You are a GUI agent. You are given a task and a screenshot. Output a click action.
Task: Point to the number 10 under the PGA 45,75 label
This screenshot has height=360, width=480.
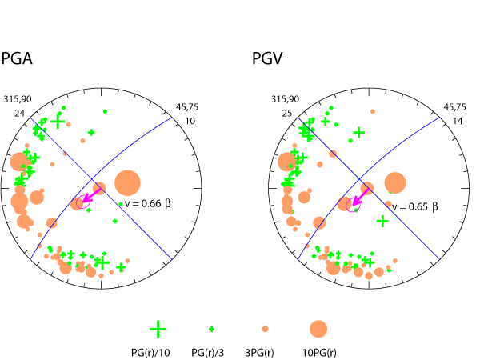[x=190, y=121]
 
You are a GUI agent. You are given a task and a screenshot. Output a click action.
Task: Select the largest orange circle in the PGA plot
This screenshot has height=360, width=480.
[x=127, y=182]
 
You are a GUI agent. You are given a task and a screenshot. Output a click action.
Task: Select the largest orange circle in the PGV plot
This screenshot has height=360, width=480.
[x=394, y=183]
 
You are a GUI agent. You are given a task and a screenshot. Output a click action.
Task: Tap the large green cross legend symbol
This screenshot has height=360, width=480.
[x=158, y=328]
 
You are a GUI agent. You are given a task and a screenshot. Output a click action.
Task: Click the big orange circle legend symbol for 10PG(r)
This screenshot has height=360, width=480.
[x=318, y=328]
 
